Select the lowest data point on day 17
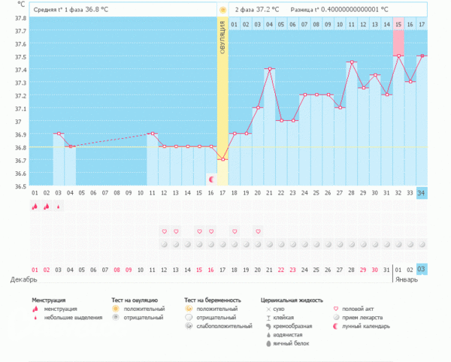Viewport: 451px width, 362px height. [222, 159]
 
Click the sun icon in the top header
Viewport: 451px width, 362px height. [222, 10]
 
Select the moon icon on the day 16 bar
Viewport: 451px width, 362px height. [211, 179]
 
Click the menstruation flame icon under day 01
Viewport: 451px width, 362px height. [35, 207]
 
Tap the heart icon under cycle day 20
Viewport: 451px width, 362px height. [258, 231]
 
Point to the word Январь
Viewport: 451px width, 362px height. [410, 279]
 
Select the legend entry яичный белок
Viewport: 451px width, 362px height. [295, 343]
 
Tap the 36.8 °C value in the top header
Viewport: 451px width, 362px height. [97, 10]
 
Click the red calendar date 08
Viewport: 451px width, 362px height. [117, 270]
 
